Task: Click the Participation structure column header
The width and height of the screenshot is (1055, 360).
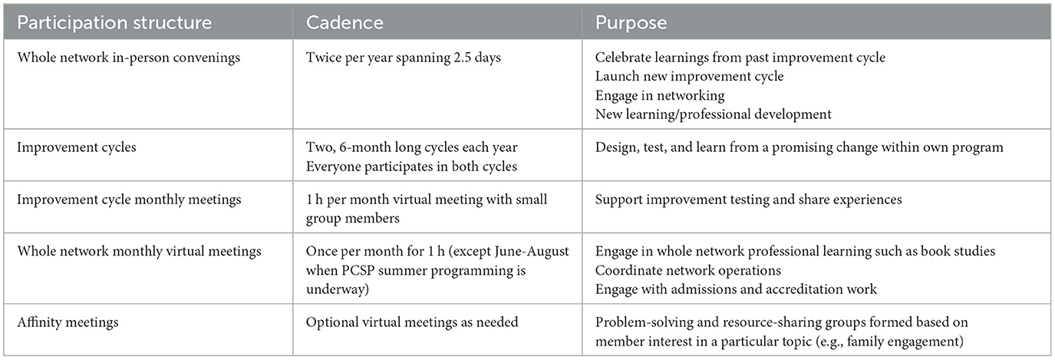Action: pos(114,22)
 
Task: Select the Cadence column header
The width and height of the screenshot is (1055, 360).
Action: pos(345,22)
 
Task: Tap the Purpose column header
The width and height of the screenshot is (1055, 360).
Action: pos(631,23)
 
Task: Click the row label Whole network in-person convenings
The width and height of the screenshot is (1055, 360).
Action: pos(129,58)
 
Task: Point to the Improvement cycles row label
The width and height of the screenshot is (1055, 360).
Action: pos(77,147)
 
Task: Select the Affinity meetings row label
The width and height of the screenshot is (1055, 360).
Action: pos(68,323)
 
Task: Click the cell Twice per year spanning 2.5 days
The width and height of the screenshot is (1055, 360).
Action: pos(403,58)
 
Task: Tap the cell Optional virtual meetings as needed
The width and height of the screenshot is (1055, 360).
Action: pos(412,322)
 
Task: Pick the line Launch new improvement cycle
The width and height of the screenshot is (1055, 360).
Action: pos(689,77)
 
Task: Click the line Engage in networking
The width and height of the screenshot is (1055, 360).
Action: pos(660,96)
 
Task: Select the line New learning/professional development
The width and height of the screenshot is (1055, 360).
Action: pos(713,114)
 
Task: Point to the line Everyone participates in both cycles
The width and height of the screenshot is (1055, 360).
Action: pos(411,167)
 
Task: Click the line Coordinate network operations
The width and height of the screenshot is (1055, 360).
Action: pos(687,270)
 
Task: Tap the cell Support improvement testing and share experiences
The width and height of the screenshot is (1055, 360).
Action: pos(748,200)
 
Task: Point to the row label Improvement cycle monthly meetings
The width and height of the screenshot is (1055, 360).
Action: pos(129,200)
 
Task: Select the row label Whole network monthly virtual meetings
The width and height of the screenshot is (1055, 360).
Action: pos(139,252)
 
